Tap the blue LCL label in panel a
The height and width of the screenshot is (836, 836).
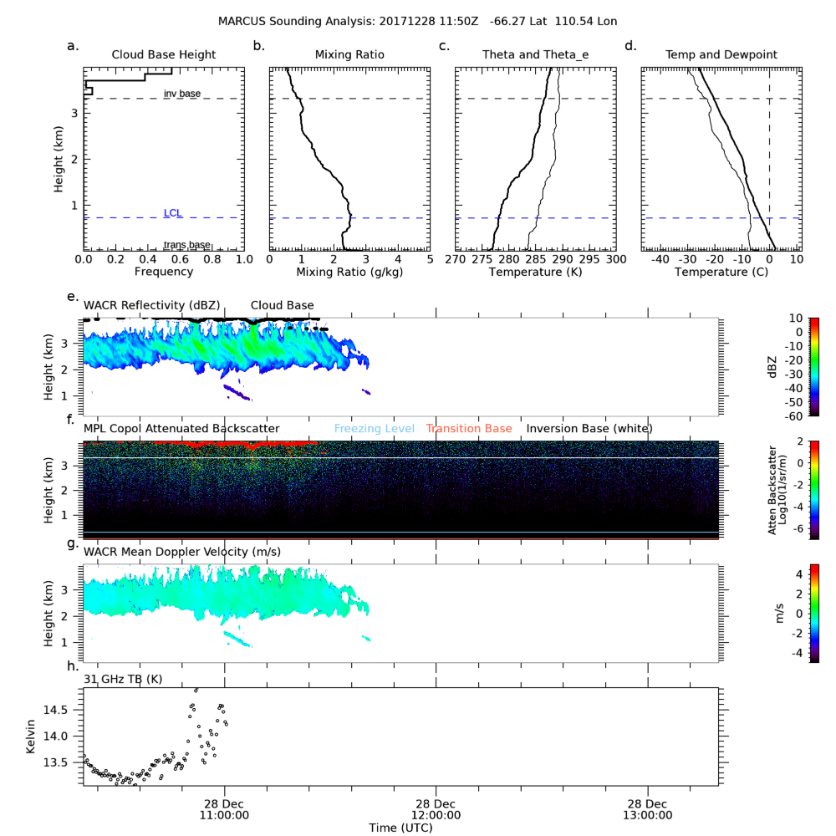[x=173, y=213]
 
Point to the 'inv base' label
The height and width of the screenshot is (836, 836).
[x=181, y=94]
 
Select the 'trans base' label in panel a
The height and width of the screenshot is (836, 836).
[x=186, y=245]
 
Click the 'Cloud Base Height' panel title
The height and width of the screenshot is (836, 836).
[x=164, y=55]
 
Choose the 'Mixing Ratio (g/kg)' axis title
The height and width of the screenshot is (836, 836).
[x=349, y=272]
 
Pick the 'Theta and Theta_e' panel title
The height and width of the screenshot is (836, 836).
[x=535, y=55]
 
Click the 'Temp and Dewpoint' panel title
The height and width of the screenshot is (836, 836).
[x=721, y=55]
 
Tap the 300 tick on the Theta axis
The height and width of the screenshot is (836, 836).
[x=615, y=260]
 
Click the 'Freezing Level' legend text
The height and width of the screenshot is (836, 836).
[x=374, y=429]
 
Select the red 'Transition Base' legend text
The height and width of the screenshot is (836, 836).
[x=469, y=429]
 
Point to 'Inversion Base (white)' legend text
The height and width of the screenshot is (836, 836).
[x=589, y=429]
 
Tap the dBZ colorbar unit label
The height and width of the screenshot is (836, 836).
[x=775, y=364]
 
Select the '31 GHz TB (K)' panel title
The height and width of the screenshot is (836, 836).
[x=123, y=679]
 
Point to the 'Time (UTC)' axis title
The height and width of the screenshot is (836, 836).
[x=402, y=827]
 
